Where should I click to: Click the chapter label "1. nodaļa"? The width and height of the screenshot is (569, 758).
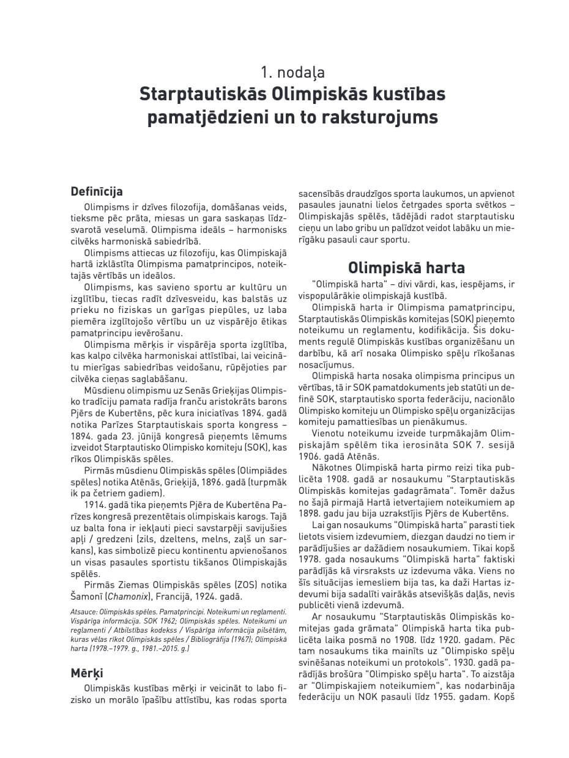(x=292, y=72)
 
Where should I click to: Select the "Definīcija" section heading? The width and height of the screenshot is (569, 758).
(x=97, y=191)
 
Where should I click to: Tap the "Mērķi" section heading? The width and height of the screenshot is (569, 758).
(x=87, y=672)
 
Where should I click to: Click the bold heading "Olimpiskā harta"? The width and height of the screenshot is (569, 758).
(x=406, y=268)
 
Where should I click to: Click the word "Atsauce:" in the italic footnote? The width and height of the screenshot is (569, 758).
(x=86, y=611)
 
